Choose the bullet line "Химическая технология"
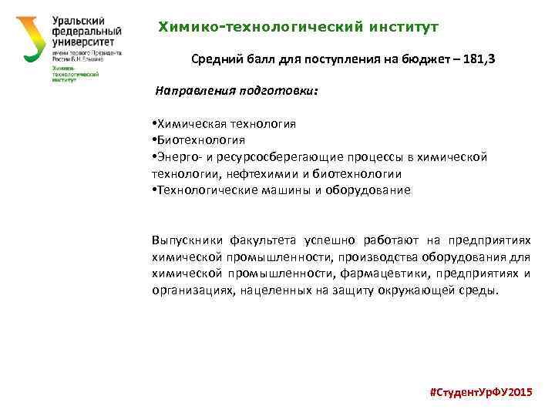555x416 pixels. point(224,123)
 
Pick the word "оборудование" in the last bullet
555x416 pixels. point(373,190)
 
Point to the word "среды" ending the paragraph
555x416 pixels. point(481,290)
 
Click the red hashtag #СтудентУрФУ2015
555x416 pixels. point(479,392)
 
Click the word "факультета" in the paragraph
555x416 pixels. point(264,240)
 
